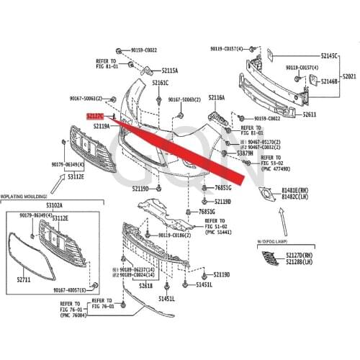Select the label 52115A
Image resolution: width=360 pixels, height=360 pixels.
[x=169, y=71]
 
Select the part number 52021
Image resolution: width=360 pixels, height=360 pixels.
[x=349, y=76]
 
